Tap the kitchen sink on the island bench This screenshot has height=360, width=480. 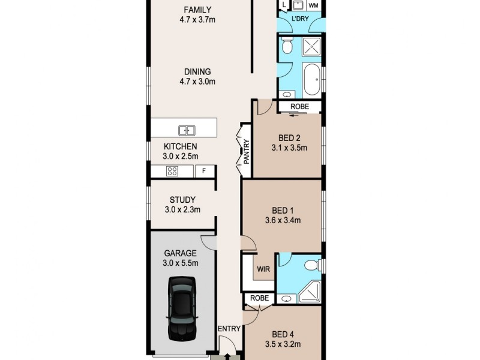pyautogui.click(x=187, y=130)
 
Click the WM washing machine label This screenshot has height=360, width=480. pyautogui.click(x=313, y=5)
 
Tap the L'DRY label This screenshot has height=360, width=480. pyautogui.click(x=299, y=19)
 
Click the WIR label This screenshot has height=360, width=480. pyautogui.click(x=262, y=269)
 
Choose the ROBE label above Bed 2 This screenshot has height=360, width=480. pyautogui.click(x=299, y=107)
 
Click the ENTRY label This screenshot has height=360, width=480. pyautogui.click(x=229, y=328)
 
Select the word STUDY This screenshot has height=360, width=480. pyautogui.click(x=182, y=200)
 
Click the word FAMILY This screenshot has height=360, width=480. pyautogui.click(x=197, y=9)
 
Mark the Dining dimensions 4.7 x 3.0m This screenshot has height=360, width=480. pyautogui.click(x=197, y=82)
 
